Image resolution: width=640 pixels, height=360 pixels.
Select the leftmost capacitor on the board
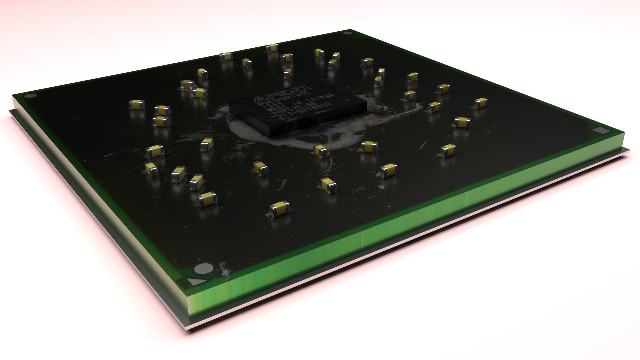137,105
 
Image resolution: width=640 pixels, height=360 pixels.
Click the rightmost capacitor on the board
480,103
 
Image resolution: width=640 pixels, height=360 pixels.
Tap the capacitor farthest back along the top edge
272,48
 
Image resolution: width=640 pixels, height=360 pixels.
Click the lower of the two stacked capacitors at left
161,121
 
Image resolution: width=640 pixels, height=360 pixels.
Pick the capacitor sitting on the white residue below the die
321,151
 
